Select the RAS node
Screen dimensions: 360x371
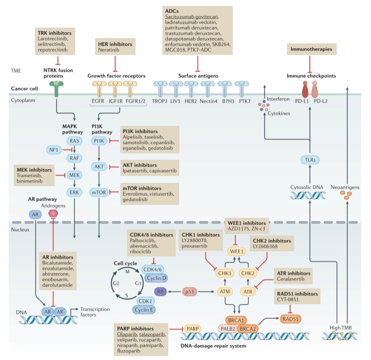pyautogui.click(x=74, y=141)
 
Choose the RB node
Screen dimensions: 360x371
pyautogui.click(x=160, y=291)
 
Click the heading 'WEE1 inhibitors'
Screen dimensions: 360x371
pyautogui.click(x=247, y=222)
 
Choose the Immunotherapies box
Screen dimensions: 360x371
pyautogui.click(x=310, y=49)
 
